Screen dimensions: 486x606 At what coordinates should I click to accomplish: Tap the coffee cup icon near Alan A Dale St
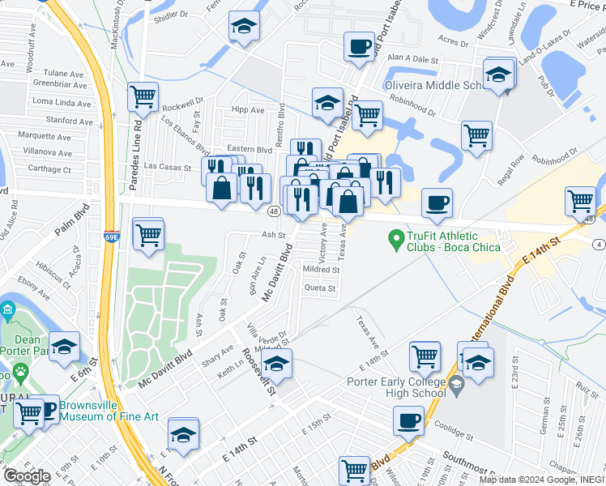358,46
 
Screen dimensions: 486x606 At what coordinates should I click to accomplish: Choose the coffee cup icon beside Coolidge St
408,420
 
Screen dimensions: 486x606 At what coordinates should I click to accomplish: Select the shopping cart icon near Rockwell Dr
143,96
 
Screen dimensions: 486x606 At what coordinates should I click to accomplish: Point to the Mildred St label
321,269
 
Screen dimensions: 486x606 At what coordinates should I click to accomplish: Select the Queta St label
319,288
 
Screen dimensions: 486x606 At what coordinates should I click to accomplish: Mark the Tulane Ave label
66,72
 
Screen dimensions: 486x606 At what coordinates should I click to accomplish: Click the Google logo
27,476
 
